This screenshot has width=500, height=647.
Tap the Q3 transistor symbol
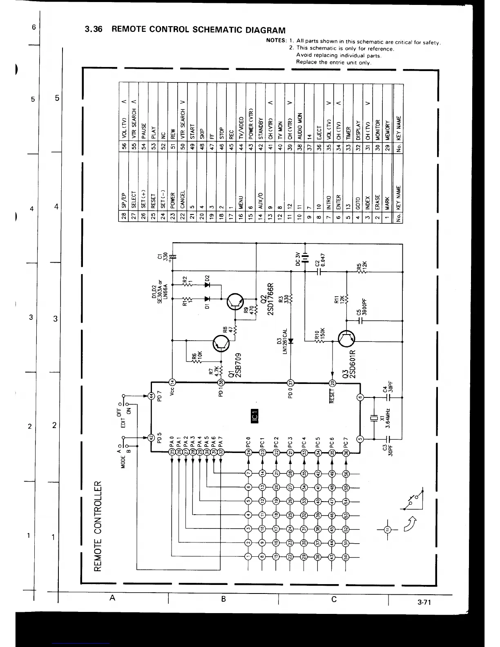point(347,338)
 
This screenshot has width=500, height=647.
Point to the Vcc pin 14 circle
point(172,382)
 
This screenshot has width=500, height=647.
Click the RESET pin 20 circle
point(332,383)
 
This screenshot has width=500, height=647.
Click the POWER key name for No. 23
point(172,200)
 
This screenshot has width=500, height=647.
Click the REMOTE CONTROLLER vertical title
point(98,527)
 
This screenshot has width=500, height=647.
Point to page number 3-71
point(424,602)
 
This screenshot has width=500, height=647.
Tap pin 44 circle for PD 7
point(151,396)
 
